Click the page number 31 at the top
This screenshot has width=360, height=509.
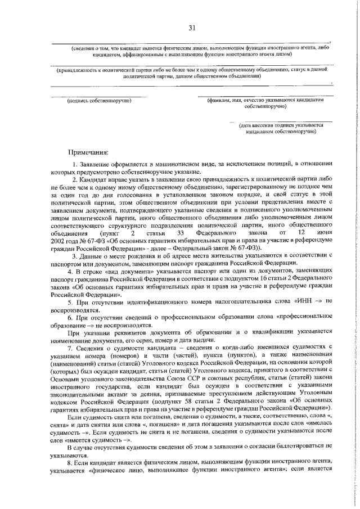[192, 28]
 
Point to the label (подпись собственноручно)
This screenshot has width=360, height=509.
[99, 101]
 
